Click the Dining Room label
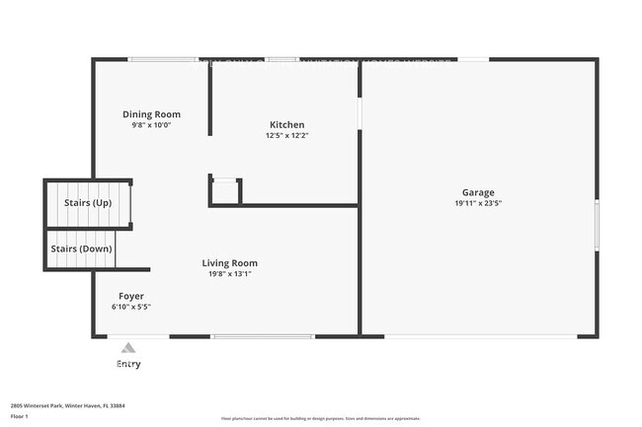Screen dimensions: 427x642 click(x=151, y=114)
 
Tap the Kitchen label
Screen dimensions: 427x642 click(x=286, y=124)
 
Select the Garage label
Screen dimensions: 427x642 click(x=478, y=192)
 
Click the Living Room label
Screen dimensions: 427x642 click(x=229, y=263)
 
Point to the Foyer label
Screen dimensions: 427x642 click(x=131, y=296)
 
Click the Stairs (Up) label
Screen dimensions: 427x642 click(x=88, y=203)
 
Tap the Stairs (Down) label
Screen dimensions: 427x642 click(x=82, y=249)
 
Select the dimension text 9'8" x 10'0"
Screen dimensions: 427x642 click(x=151, y=126)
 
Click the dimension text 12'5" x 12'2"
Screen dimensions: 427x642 click(x=286, y=136)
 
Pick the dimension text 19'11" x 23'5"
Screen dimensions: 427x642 click(x=478, y=203)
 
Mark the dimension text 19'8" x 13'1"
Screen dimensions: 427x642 click(x=229, y=274)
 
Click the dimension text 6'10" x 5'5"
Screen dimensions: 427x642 click(x=131, y=307)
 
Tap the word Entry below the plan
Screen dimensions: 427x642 click(x=128, y=364)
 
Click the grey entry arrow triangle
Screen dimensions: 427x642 click(x=127, y=347)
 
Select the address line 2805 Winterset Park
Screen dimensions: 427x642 click(x=67, y=405)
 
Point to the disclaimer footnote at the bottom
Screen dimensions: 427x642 click(x=320, y=418)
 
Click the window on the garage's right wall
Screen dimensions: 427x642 click(x=597, y=225)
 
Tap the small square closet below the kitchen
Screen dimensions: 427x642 click(x=225, y=191)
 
